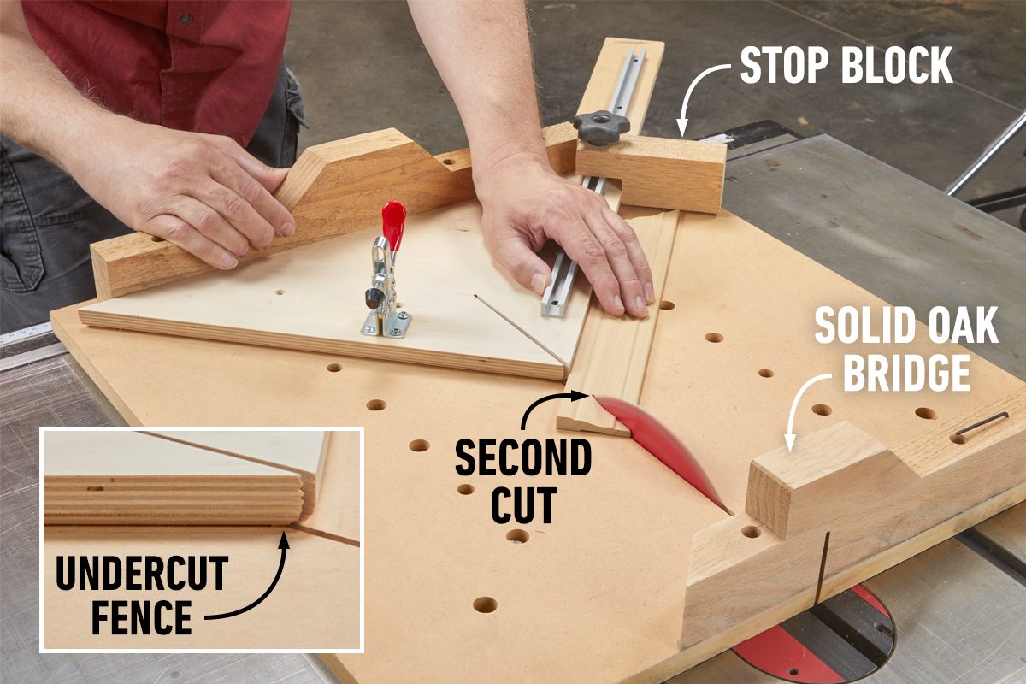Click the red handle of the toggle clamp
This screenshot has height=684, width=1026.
(x=393, y=225)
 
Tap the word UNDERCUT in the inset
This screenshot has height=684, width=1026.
(x=142, y=573)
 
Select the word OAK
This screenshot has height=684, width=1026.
(x=956, y=325)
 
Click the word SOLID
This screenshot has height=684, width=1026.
(x=858, y=325)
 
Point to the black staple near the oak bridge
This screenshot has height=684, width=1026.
(x=982, y=423)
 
